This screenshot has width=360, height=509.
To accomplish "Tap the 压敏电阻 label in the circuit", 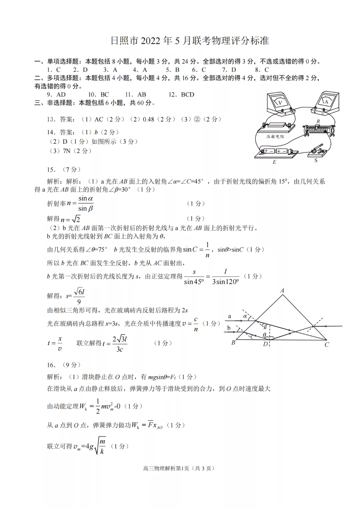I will [275, 136].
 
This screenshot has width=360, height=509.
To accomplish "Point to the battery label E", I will [274, 162].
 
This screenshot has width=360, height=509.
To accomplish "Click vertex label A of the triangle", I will [282, 291].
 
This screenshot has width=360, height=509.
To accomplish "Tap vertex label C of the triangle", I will [327, 345].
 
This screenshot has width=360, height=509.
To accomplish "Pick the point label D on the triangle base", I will [265, 344].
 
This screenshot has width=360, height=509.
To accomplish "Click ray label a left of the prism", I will [229, 316].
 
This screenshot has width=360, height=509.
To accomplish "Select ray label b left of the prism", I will [229, 328].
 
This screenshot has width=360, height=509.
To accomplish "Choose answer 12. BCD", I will [181, 95].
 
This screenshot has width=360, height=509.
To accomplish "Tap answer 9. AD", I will [56, 95].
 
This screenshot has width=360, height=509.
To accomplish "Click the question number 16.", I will [51, 365].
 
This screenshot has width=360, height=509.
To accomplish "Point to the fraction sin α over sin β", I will [86, 204].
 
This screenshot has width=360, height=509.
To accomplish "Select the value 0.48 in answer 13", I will [148, 119].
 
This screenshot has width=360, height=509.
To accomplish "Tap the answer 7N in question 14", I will [67, 151].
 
